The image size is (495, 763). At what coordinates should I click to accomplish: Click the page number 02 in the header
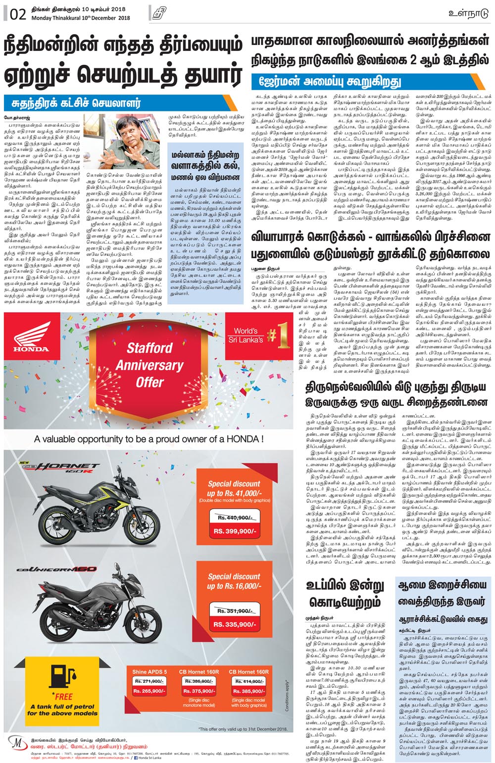point(17,14)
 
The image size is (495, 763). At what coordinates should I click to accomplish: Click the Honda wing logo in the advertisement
point(32,336)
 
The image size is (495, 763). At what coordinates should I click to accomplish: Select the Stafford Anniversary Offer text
point(149,365)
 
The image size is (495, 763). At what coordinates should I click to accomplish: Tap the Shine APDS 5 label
point(149,671)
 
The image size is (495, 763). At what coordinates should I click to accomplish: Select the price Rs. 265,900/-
point(149,691)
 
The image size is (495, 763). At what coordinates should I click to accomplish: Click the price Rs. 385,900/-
point(248,691)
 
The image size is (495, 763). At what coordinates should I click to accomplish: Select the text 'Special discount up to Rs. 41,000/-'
point(234,488)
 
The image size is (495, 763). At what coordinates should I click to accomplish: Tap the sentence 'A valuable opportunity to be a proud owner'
point(148,439)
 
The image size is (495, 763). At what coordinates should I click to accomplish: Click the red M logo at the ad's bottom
point(17,745)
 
